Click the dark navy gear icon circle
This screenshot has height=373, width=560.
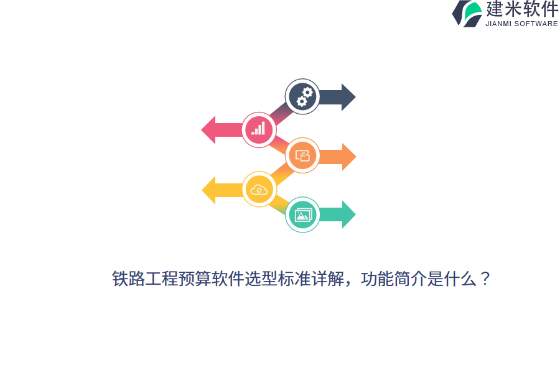(302, 96)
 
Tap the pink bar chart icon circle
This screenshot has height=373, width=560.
(258, 129)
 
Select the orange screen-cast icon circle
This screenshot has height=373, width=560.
(302, 155)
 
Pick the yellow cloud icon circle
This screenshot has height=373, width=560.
(258, 189)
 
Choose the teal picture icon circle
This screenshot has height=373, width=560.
(302, 214)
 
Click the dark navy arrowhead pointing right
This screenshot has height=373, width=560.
(348, 97)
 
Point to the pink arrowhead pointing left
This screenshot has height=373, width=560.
(209, 130)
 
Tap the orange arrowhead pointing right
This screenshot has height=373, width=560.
(348, 157)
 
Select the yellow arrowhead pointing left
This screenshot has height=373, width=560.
(209, 190)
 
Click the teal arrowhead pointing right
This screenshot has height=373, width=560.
(348, 214)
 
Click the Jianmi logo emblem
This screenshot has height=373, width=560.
(466, 14)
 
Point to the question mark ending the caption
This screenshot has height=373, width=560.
(485, 279)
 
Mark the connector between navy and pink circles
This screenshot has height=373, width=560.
(280, 113)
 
